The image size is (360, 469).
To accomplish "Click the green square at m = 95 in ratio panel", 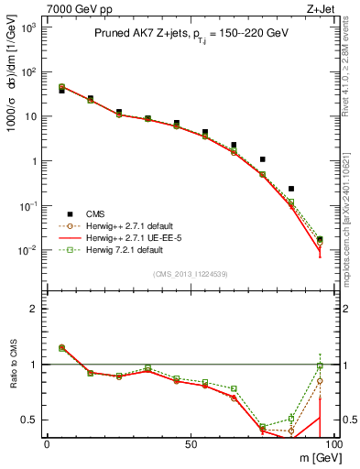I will [319, 365].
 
